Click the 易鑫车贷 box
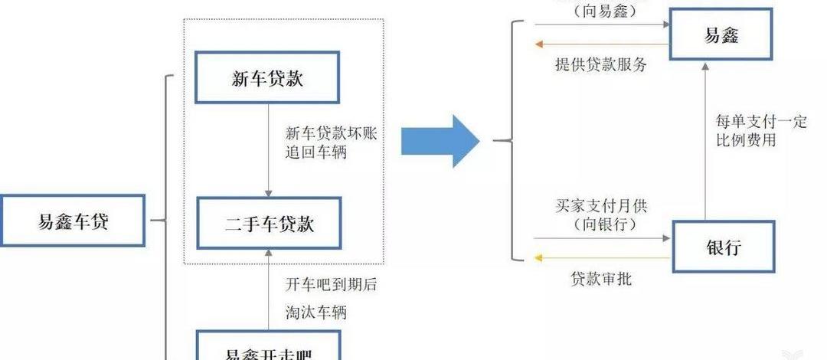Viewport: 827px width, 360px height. (x=73, y=221)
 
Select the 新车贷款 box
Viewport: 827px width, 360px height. (x=266, y=77)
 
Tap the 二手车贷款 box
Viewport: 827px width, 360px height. (x=268, y=224)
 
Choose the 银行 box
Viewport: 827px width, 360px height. (x=723, y=247)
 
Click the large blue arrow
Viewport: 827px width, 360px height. (x=440, y=141)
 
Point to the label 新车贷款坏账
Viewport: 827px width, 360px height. (x=331, y=133)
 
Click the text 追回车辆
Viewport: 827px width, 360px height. (x=316, y=152)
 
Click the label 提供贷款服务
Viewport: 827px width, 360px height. (x=601, y=64)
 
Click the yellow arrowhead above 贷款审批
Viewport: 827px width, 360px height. (x=539, y=258)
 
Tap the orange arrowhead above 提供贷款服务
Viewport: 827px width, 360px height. (x=539, y=44)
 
